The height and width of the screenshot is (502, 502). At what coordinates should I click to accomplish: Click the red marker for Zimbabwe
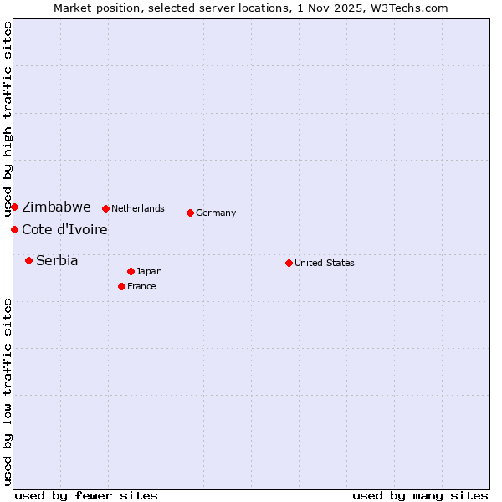point(15,207)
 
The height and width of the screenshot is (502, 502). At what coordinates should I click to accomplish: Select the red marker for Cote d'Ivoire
point(15,229)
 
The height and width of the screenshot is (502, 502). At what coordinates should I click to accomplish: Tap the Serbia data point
point(28,260)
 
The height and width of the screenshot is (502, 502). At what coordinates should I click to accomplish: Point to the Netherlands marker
point(105,208)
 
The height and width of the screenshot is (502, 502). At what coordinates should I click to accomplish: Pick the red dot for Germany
point(190,213)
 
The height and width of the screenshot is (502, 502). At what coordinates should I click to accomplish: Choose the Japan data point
point(131,271)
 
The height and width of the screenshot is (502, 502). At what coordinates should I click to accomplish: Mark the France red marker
point(121,286)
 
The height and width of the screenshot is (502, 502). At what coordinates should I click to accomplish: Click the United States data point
point(289,263)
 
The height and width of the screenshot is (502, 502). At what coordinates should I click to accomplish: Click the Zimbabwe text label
point(56,207)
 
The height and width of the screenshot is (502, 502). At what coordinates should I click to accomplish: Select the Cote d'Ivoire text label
point(64,229)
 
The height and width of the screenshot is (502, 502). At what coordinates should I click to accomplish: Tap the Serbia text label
point(57,260)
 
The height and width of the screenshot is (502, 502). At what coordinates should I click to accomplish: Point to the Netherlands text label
point(138,208)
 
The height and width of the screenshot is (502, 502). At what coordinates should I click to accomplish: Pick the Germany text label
point(216,213)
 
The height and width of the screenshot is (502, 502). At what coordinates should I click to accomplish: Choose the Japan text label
point(149,271)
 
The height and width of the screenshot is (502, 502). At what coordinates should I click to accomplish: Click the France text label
point(141,286)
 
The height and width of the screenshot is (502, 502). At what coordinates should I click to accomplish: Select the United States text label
point(325,263)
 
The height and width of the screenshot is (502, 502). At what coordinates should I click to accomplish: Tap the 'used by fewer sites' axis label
point(86,495)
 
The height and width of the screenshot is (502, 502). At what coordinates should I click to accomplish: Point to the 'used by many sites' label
point(420,495)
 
